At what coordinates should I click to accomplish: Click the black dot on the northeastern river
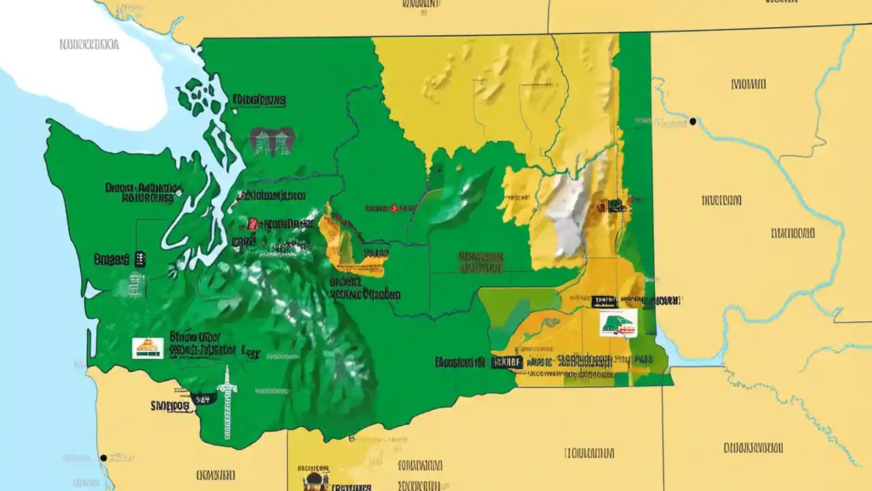point(693,121)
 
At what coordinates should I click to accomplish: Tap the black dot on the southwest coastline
point(103,458)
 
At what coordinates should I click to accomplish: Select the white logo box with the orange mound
point(148,348)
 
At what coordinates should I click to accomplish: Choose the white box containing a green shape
point(618,323)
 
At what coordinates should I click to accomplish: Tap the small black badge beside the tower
point(202,399)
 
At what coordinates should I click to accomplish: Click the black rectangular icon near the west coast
point(140,258)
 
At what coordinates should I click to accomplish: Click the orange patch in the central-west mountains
point(337,239)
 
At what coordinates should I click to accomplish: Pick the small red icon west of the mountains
point(251,223)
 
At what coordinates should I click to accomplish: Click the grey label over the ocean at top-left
point(89,45)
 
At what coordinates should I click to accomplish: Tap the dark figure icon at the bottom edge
point(315,481)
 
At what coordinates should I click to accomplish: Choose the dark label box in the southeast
point(506,361)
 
